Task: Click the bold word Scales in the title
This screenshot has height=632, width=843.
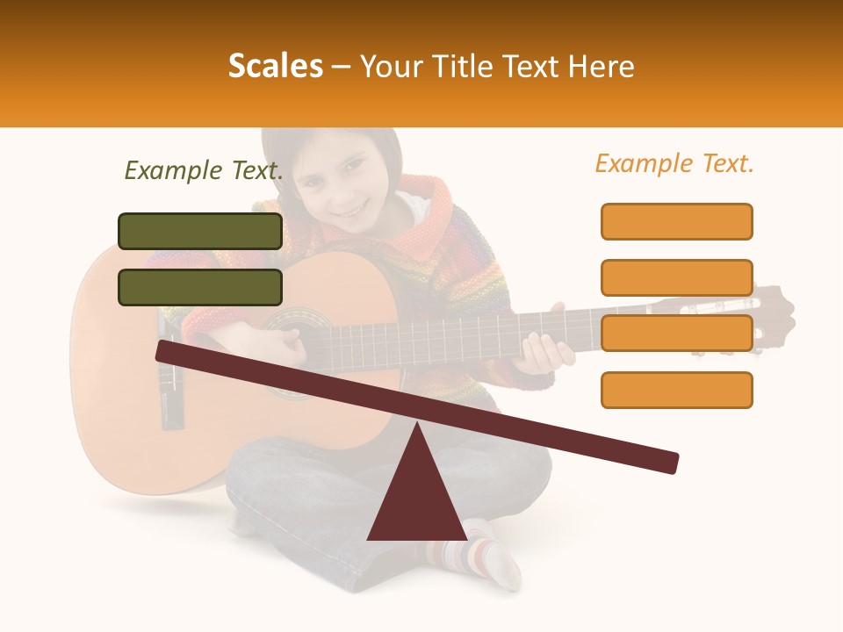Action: (275, 67)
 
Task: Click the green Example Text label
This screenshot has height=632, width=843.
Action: (204, 171)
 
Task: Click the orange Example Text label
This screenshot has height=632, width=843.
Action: (674, 163)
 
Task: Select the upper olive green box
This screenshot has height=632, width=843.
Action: (200, 231)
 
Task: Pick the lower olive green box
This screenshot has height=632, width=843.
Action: (200, 287)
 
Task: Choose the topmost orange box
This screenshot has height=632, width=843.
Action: (676, 221)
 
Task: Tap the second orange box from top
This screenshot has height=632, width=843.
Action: (676, 277)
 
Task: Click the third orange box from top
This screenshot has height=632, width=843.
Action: (676, 334)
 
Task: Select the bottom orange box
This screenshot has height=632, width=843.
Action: (676, 390)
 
